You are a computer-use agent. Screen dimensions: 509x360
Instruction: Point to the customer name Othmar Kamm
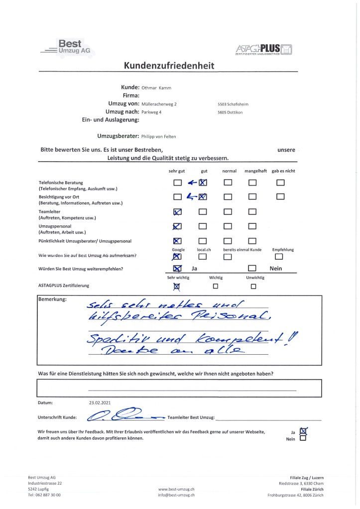click(x=157, y=88)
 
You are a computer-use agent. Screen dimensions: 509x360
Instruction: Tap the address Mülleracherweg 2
click(x=159, y=104)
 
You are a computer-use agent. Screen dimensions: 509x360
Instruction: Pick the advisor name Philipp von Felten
click(x=166, y=136)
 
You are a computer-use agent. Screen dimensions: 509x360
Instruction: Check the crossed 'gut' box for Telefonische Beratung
click(x=203, y=183)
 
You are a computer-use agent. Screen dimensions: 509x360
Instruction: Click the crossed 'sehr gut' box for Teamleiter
click(x=178, y=212)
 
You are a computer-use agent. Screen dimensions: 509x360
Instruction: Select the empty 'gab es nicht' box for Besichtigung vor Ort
click(x=280, y=197)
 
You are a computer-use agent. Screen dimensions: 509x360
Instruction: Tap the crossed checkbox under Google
click(x=177, y=257)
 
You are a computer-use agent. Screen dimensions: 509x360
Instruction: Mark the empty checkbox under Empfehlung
click(x=279, y=257)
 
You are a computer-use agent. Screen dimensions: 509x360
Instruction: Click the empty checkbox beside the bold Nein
click(x=252, y=269)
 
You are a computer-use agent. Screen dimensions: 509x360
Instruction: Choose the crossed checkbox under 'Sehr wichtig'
click(x=177, y=286)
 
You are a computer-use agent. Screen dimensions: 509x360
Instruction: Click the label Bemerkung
click(x=52, y=300)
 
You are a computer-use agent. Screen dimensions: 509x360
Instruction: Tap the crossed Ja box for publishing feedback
click(x=303, y=431)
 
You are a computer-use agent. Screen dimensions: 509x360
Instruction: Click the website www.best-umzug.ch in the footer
click(x=176, y=489)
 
